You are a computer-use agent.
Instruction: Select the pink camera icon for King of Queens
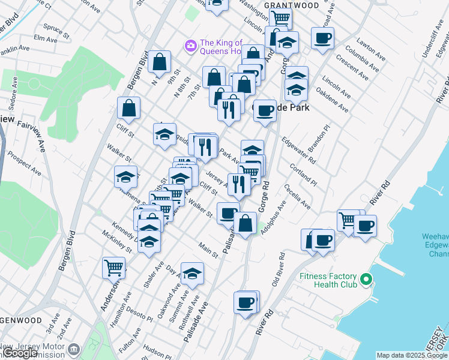click(191, 46)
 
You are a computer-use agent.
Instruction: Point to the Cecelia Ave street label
click(298, 197)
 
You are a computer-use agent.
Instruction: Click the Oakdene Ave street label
click(331, 101)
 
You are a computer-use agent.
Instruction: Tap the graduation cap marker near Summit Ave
click(192, 274)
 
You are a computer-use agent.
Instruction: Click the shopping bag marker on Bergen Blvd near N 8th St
click(160, 61)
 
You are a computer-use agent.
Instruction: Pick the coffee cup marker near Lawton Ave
click(322, 38)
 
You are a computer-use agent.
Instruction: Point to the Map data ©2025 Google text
click(412, 355)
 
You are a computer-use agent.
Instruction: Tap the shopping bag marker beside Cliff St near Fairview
click(128, 108)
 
